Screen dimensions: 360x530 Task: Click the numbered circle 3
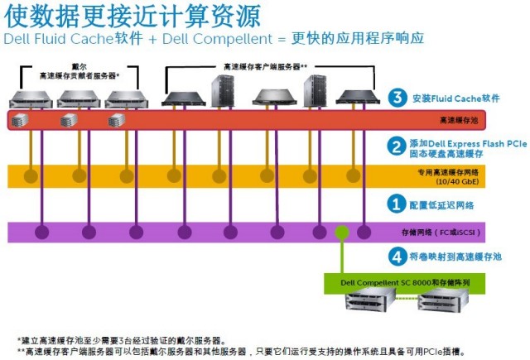click(x=397, y=98)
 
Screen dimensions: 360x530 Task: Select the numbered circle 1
click(x=397, y=204)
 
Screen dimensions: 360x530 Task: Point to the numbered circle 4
click(x=397, y=257)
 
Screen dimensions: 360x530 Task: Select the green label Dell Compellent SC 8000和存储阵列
click(x=406, y=282)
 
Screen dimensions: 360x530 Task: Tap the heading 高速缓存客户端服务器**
click(x=266, y=66)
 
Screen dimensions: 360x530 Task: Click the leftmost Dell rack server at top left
click(x=31, y=98)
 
